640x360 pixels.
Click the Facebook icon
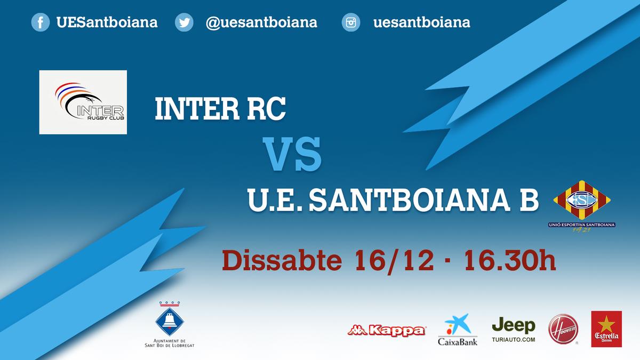point(41,22)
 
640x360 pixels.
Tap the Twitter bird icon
point(185,22)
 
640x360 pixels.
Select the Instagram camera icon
point(351,22)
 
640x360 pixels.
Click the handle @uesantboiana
point(261,22)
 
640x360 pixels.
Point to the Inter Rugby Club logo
point(83,102)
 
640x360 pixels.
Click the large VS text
point(292,154)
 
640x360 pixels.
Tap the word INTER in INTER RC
point(197,109)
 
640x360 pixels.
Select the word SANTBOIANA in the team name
point(410,199)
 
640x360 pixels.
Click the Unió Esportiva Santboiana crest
point(582,206)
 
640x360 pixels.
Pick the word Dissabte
point(282,260)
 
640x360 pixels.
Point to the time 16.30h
point(510,260)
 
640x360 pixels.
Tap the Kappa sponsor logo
point(387,331)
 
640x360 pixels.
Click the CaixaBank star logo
point(458,324)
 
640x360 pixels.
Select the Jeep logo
point(514,325)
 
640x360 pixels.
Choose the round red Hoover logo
point(563,329)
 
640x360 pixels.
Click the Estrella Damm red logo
point(606,329)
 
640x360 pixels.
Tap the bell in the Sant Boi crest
point(169,321)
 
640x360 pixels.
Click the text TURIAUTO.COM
point(514,340)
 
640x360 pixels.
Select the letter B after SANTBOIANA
point(529,199)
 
